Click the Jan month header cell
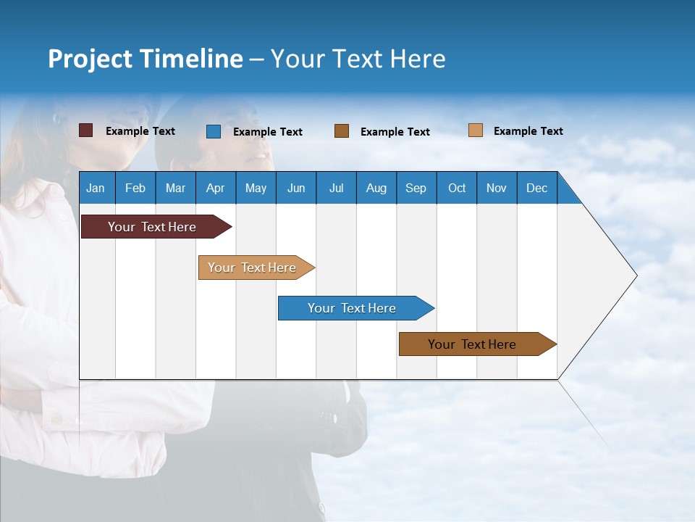point(96,188)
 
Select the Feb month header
point(135,188)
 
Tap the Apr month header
point(216,188)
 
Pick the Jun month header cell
point(296,188)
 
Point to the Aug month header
point(376,188)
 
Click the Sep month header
point(416,188)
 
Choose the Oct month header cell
point(457,188)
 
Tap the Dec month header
point(537,188)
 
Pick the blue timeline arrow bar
point(353,308)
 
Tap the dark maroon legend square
point(85,130)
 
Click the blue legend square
point(214,131)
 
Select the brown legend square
point(342,131)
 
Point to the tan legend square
point(476,130)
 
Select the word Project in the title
point(90,59)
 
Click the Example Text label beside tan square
point(528,131)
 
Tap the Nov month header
point(497,188)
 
